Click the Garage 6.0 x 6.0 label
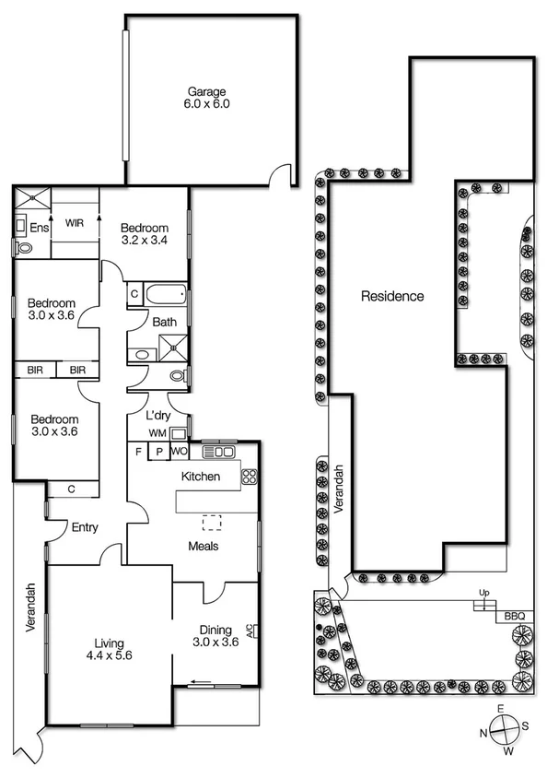pos(208,98)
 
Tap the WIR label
pos(75,222)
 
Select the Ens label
pos(39,228)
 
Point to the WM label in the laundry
pos(157,432)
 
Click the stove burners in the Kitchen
pos(249,477)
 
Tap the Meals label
pos(203,545)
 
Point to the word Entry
pos(85,527)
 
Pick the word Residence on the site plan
pos(392,296)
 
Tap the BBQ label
pos(513,616)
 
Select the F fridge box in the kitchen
pos(138,452)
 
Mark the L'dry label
pos(158,416)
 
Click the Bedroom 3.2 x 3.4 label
pos(145,234)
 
